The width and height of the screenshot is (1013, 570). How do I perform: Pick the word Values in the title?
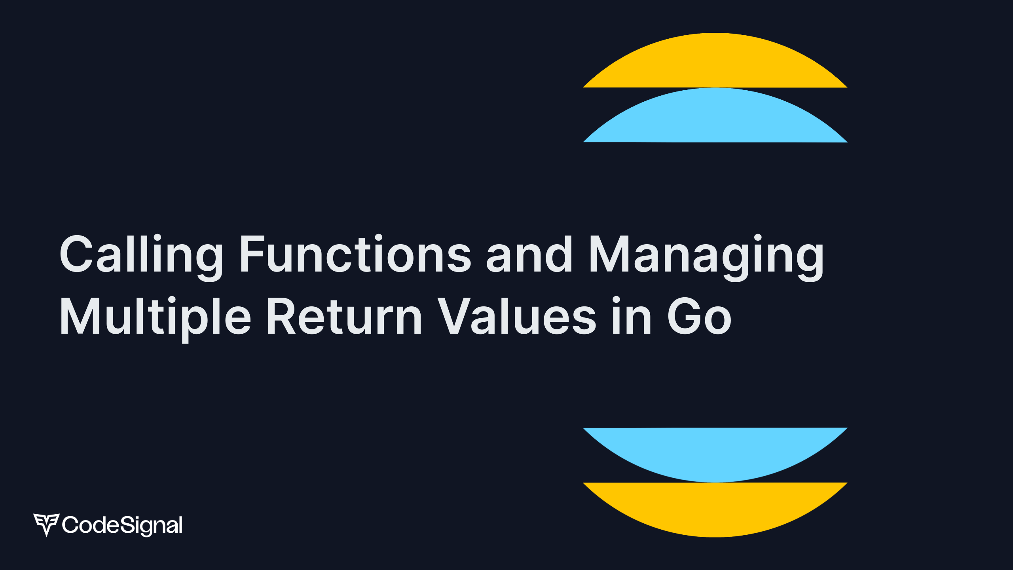coord(517,316)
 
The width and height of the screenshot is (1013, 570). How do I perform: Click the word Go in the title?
coord(699,316)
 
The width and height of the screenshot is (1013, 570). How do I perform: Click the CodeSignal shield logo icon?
coord(46,524)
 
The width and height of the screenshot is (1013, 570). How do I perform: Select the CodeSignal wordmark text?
coord(122,525)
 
